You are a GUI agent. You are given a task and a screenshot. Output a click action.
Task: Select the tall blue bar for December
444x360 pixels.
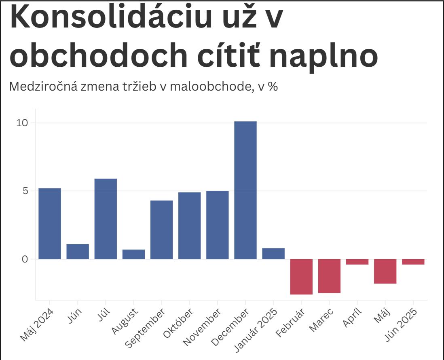pyautogui.click(x=245, y=190)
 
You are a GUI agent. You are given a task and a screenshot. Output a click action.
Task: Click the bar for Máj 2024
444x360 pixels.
pyautogui.click(x=50, y=223)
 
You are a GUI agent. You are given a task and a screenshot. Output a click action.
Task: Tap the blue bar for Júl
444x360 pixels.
pyautogui.click(x=106, y=218)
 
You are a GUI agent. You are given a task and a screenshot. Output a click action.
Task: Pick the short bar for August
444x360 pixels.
pyautogui.click(x=133, y=254)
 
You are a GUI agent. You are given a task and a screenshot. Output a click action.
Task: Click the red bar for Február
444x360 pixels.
pyautogui.click(x=301, y=277)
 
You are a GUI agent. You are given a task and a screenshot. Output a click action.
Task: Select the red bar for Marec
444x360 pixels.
pyautogui.click(x=329, y=276)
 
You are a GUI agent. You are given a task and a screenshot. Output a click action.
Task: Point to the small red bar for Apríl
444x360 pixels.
pyautogui.click(x=357, y=262)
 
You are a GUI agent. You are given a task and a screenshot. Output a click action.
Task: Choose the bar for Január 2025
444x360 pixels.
pyautogui.click(x=273, y=254)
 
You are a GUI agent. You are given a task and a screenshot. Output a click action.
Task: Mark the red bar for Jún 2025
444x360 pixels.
pyautogui.click(x=413, y=262)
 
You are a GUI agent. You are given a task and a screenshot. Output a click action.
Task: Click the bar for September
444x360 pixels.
pyautogui.click(x=161, y=229)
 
